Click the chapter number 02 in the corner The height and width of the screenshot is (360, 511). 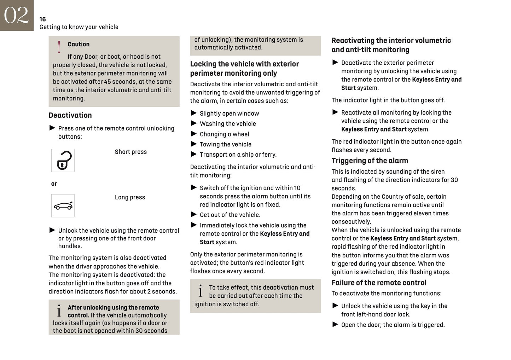16,15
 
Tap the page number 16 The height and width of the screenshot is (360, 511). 42,19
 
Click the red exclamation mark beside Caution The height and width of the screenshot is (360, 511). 59,47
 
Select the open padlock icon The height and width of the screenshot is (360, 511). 63,160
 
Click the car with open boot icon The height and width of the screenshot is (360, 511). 63,205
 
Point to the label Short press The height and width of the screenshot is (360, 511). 130,152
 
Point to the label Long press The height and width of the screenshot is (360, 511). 130,197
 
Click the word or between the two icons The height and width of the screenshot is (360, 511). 54,184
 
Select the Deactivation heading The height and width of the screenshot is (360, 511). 70,115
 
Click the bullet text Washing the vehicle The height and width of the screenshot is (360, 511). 228,124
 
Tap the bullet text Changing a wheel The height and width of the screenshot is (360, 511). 224,134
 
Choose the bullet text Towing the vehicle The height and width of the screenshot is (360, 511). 226,144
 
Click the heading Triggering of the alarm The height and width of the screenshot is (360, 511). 370,161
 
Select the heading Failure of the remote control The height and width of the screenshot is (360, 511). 379,283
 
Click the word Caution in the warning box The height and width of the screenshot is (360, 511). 79,44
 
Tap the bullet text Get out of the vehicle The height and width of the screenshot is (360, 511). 230,215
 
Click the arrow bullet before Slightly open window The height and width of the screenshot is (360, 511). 194,113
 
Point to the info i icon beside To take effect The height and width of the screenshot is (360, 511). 201,291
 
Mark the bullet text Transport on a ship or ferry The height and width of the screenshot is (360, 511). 238,155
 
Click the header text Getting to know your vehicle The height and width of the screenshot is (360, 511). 79,27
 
